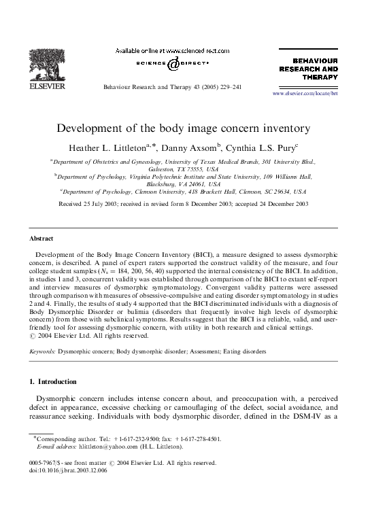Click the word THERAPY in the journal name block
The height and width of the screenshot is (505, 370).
320,77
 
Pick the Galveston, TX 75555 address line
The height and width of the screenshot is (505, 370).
184,169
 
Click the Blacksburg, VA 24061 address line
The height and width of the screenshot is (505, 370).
184,184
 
